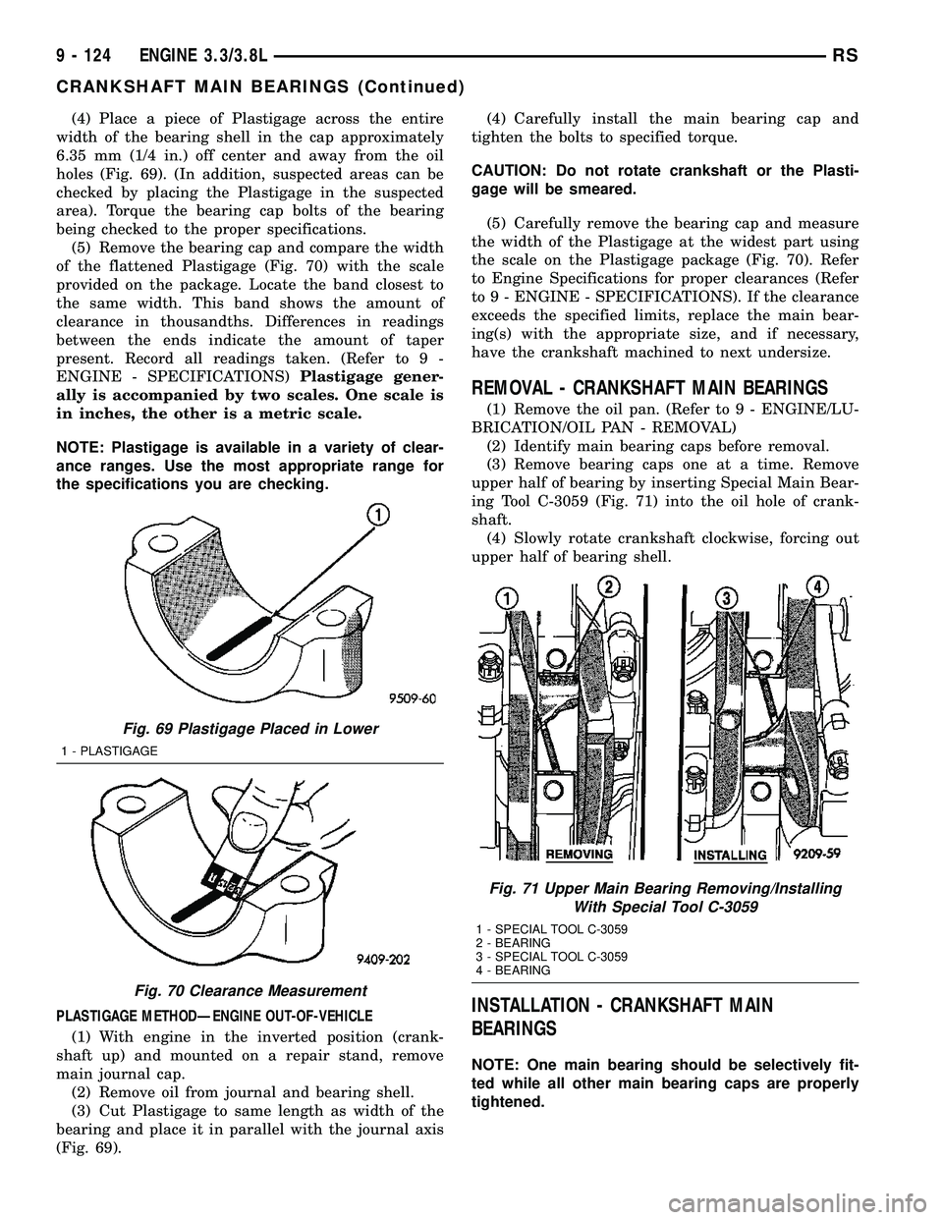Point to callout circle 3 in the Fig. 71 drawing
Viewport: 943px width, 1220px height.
(x=728, y=597)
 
